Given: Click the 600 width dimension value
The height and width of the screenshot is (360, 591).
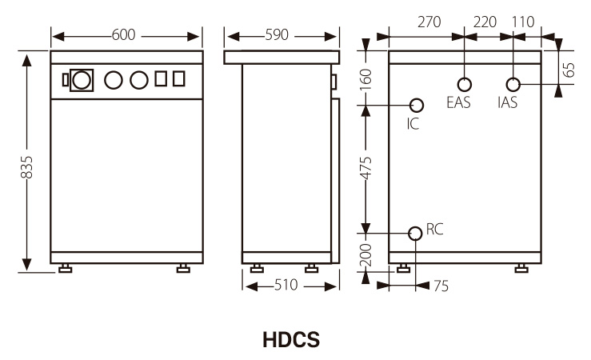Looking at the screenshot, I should pos(124,35).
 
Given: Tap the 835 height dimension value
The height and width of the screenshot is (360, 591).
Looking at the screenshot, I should pos(27,166).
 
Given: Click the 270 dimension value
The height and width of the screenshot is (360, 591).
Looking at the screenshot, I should pos(429,22).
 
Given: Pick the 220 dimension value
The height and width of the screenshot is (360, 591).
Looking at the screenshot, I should pos(485,22).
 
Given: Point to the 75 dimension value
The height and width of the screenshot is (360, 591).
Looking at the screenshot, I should pos(441,286).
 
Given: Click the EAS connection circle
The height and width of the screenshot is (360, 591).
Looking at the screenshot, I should pos(464,84).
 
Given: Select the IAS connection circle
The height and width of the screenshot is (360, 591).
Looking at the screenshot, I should pos(514,84).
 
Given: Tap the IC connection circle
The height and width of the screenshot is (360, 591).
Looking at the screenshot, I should pos(416,105).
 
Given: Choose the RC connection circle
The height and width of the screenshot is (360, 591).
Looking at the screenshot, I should pos(415,233).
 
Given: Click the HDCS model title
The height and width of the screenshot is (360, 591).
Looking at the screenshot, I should pos(291,340).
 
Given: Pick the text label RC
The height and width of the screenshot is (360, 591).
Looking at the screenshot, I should pos(434,230).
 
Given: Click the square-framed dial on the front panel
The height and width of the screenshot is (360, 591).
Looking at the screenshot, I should pos(81,80).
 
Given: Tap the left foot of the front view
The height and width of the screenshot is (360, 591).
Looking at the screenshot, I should pos(65,268).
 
